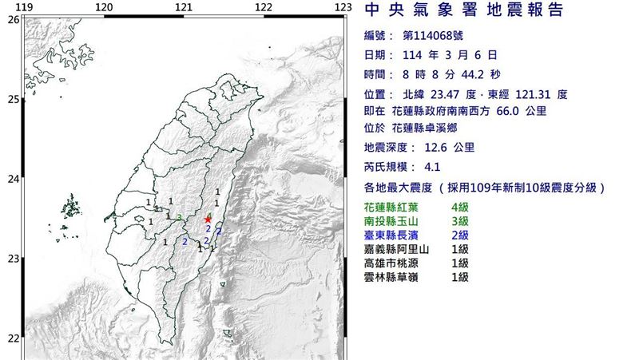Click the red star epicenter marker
(x=208, y=220)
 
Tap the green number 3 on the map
(x=181, y=217)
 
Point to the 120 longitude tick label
(x=103, y=8)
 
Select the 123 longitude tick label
(x=343, y=8)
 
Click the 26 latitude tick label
(x=13, y=20)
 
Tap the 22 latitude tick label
(x=13, y=338)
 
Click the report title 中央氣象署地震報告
(x=463, y=11)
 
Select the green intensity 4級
(x=458, y=207)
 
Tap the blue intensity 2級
(x=458, y=235)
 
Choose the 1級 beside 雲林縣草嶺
(x=458, y=277)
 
